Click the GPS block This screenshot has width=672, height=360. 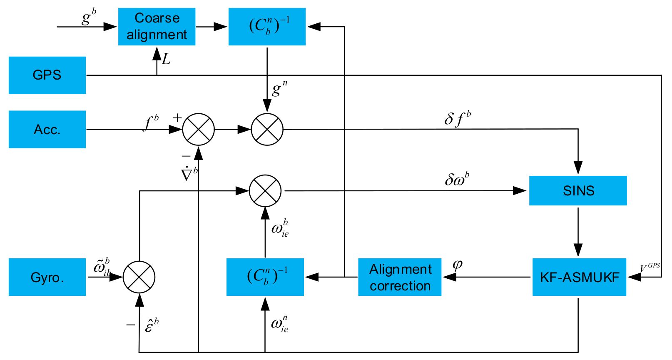pyautogui.click(x=47, y=75)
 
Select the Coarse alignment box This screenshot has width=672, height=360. pyautogui.click(x=157, y=27)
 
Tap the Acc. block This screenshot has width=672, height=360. pyautogui.click(x=47, y=129)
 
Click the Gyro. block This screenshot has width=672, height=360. pyautogui.click(x=47, y=277)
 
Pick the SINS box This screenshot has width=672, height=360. pyautogui.click(x=578, y=191)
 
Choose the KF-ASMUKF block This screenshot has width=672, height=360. pyautogui.click(x=579, y=277)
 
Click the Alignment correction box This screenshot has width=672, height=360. pyautogui.click(x=400, y=277)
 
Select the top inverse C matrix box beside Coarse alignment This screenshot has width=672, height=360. pyautogui.click(x=267, y=27)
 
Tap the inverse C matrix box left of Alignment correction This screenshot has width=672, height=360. pyautogui.click(x=265, y=277)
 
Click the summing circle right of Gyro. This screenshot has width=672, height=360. pyautogui.click(x=139, y=277)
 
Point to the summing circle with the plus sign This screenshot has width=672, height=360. pyautogui.click(x=199, y=129)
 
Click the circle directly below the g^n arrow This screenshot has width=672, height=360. pyautogui.click(x=267, y=129)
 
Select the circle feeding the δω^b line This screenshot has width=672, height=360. pyautogui.click(x=265, y=191)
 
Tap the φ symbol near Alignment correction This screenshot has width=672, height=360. pyautogui.click(x=457, y=265)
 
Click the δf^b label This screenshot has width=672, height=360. pyautogui.click(x=457, y=119)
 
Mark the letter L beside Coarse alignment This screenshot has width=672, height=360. pyautogui.click(x=166, y=60)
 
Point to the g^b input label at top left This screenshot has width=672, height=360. pyautogui.click(x=88, y=17)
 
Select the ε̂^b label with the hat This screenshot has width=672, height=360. pyautogui.click(x=152, y=325)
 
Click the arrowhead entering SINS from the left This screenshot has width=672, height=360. pyautogui.click(x=520, y=191)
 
